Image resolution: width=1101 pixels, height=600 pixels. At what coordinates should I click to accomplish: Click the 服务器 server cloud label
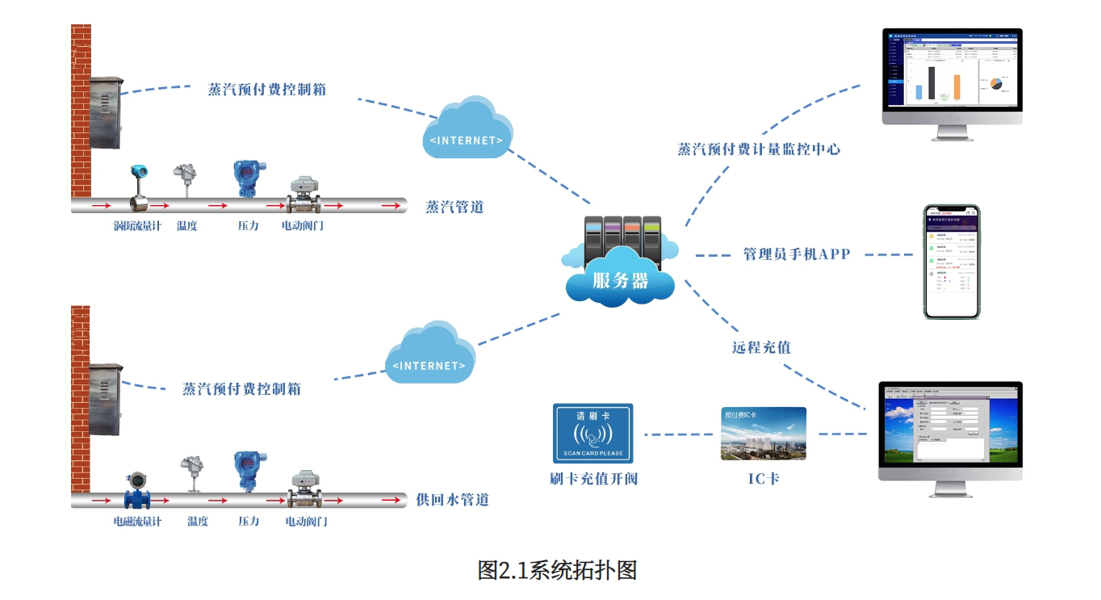620,281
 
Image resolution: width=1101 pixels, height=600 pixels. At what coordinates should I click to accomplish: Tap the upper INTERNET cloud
467,129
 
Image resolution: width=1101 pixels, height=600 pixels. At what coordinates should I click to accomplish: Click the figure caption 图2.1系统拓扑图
557,570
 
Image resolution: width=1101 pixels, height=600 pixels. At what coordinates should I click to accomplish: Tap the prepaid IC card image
763,434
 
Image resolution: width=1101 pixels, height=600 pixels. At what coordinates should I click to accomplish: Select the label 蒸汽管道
454,207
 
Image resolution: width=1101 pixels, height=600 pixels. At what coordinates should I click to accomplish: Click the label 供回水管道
452,500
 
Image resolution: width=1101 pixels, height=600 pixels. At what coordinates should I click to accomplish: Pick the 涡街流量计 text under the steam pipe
137,226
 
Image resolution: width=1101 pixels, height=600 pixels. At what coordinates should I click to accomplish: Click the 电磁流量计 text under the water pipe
137,522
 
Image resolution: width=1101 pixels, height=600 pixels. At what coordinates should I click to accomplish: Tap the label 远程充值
761,348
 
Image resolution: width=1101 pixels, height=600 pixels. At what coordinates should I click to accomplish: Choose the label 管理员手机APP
797,254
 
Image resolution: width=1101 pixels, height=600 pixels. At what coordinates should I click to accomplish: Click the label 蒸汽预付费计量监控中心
759,149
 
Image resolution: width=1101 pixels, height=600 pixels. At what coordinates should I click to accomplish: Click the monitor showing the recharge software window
950,431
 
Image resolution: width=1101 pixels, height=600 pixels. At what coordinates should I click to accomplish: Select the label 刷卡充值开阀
593,479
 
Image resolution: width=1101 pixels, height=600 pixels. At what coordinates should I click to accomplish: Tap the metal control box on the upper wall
107,114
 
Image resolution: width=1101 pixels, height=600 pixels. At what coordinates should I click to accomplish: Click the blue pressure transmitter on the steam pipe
247,178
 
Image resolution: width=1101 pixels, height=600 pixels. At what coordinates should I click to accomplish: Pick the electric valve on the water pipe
305,488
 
